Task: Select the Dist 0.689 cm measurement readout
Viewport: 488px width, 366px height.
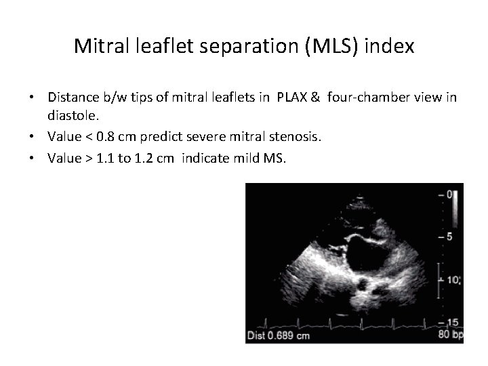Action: tap(280, 335)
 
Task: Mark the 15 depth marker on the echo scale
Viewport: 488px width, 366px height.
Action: tap(453, 321)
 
